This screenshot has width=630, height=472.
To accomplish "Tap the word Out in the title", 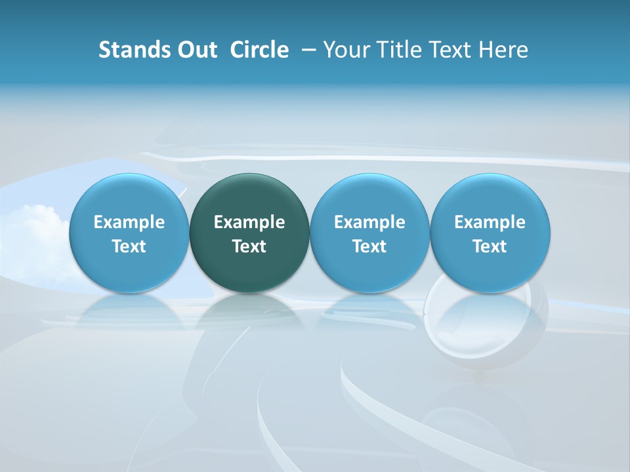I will pos(195,50).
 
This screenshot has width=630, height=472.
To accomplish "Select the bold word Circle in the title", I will pos(259,50).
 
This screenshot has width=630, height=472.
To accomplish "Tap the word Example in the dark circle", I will pos(249,222).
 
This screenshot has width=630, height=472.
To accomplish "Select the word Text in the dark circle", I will pos(249,246).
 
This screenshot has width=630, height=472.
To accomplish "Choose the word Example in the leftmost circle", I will pos(129,222).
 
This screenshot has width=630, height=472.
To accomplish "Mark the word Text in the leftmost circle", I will pos(129,246).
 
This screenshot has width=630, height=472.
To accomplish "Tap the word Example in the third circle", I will pos(369,222).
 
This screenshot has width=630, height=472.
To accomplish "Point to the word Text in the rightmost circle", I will pos(490,246).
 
